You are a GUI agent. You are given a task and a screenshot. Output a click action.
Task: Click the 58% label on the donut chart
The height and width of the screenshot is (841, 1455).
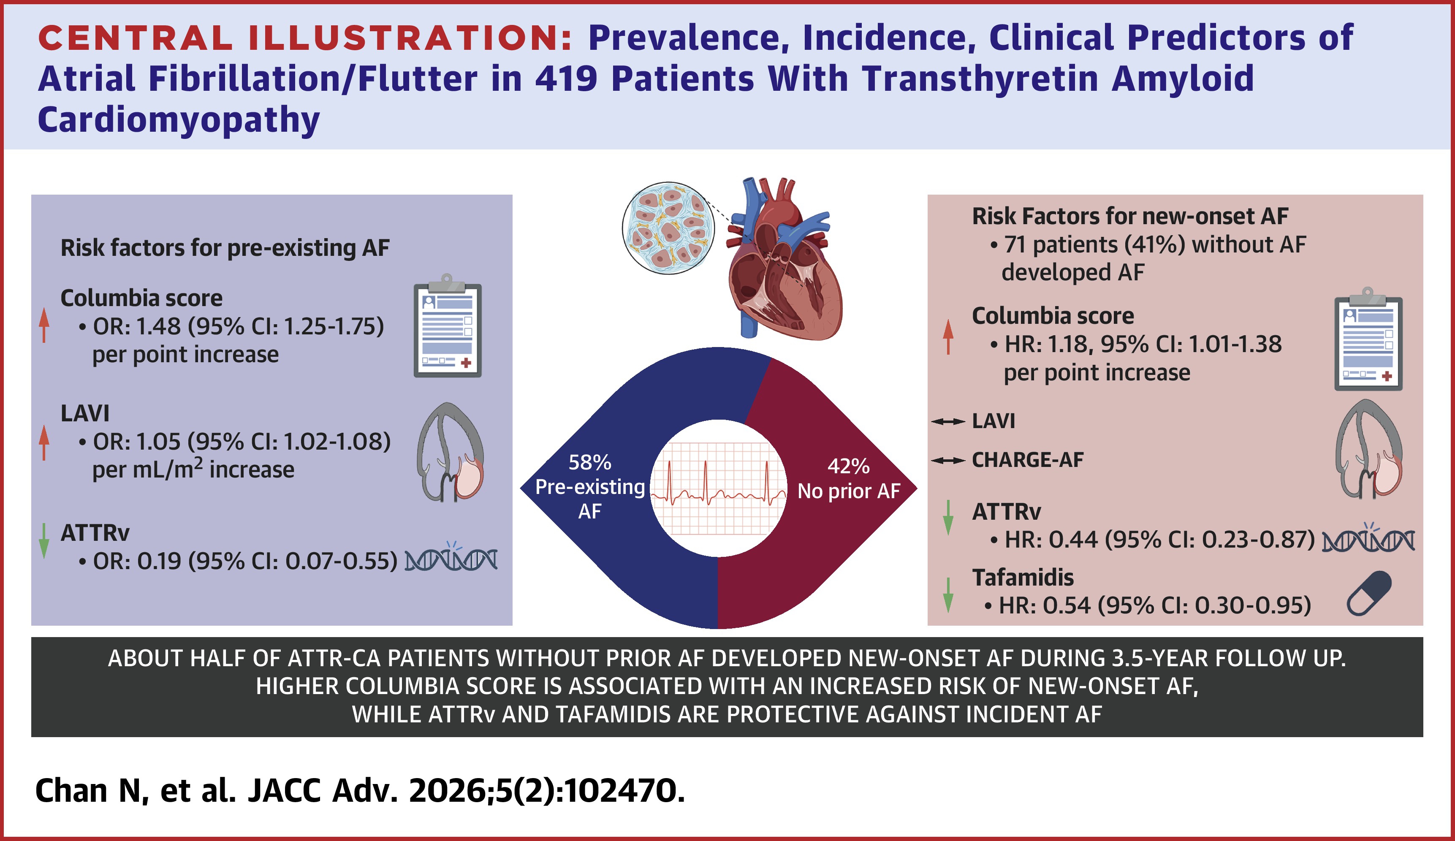(x=589, y=462)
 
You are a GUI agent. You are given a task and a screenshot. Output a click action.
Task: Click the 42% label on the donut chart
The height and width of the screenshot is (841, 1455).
(x=848, y=466)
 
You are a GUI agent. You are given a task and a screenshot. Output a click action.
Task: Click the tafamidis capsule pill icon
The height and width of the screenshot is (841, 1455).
(x=1369, y=593)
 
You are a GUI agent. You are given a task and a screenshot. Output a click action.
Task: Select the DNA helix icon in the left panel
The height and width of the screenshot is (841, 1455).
(x=451, y=559)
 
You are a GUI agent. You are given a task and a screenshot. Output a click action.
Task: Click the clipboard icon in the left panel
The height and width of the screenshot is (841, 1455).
(x=448, y=327)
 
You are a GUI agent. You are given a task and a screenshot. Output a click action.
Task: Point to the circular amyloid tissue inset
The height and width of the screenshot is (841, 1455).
(x=668, y=228)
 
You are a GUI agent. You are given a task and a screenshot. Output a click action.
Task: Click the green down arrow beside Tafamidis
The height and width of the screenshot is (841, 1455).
(x=947, y=594)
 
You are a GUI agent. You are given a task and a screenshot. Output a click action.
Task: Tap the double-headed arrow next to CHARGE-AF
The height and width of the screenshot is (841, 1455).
(x=947, y=461)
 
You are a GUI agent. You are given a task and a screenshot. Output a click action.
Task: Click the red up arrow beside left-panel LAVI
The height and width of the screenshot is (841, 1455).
(x=44, y=442)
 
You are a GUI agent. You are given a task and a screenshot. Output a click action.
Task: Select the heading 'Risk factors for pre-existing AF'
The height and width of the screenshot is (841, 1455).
(x=225, y=248)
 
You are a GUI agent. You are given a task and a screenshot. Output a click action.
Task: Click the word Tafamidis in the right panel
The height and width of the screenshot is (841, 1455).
(x=1023, y=577)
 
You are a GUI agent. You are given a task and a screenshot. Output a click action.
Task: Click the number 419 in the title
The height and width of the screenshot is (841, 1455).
(x=565, y=79)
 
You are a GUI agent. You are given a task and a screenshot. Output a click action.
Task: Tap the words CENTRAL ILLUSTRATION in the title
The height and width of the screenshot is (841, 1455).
(x=305, y=38)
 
